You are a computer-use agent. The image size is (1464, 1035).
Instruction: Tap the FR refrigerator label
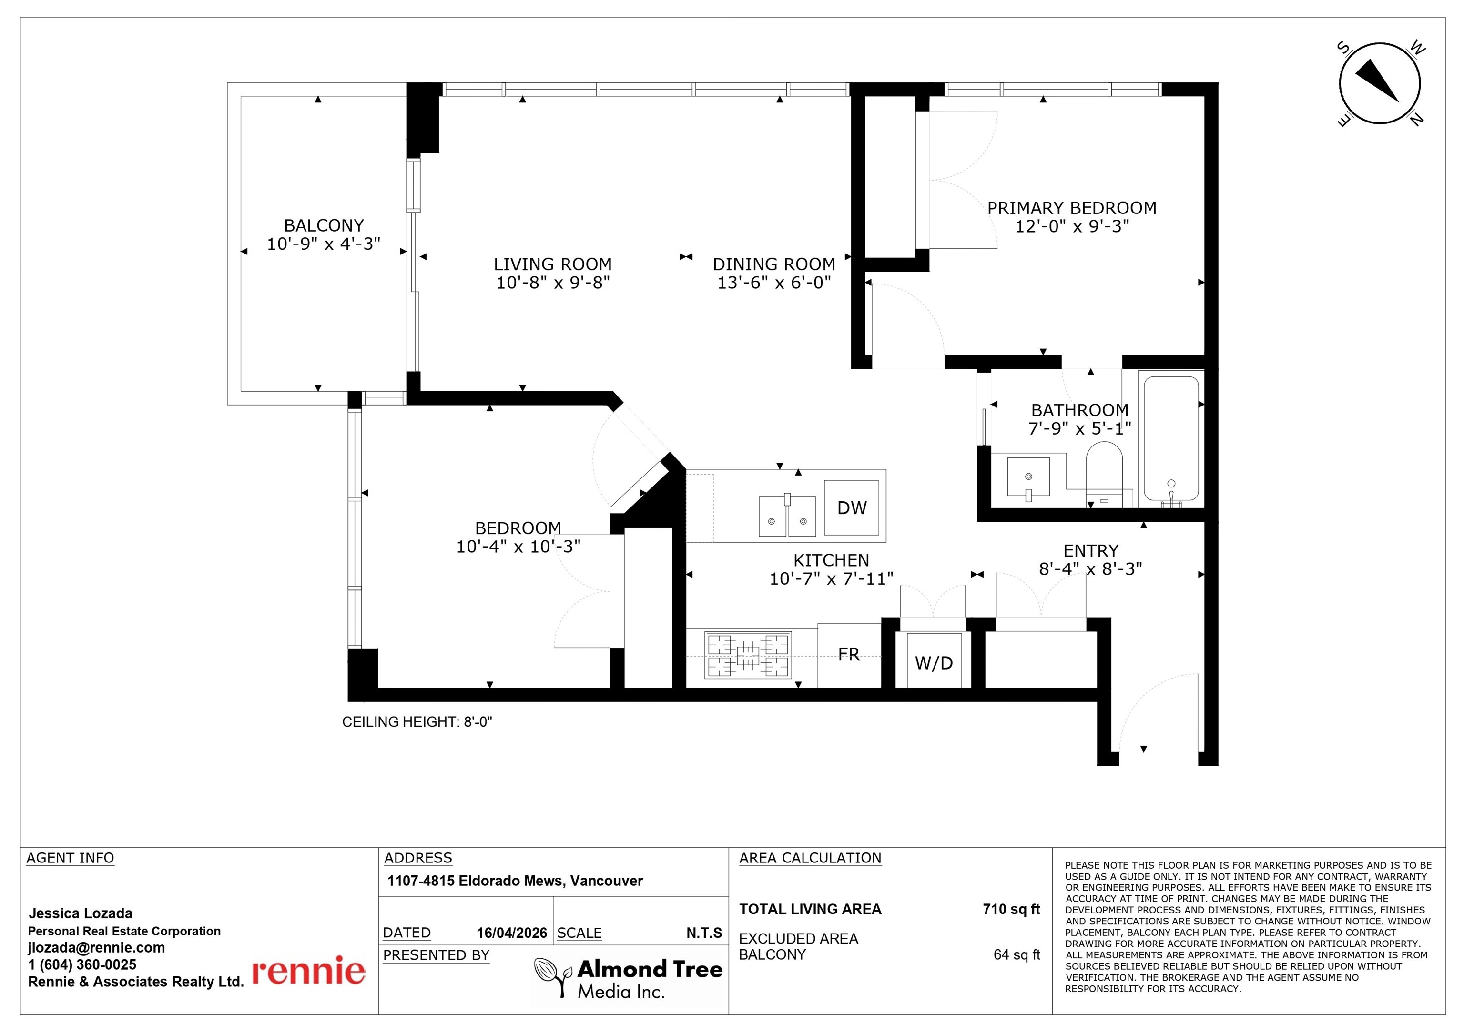click(x=849, y=655)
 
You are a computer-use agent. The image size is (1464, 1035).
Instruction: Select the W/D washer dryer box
click(x=934, y=660)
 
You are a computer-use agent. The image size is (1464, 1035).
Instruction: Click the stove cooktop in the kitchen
click(x=748, y=655)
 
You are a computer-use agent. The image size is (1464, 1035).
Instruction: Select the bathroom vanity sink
click(x=1028, y=477)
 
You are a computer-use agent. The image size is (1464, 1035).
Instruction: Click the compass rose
click(x=1380, y=83)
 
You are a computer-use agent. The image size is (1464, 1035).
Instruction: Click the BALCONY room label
click(x=324, y=226)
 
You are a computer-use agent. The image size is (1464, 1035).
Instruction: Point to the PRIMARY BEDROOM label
click(x=1072, y=208)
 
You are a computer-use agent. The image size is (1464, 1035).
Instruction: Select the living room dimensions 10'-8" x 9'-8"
click(x=553, y=283)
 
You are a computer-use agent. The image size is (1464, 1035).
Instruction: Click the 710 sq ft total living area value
click(x=1011, y=909)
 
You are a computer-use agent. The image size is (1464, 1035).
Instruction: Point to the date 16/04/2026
click(x=512, y=933)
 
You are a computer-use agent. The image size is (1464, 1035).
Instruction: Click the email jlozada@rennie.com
click(x=96, y=948)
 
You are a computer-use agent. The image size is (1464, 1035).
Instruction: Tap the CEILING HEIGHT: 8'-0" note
click(x=417, y=722)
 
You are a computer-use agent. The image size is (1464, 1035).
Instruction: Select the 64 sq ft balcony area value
click(x=1017, y=954)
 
